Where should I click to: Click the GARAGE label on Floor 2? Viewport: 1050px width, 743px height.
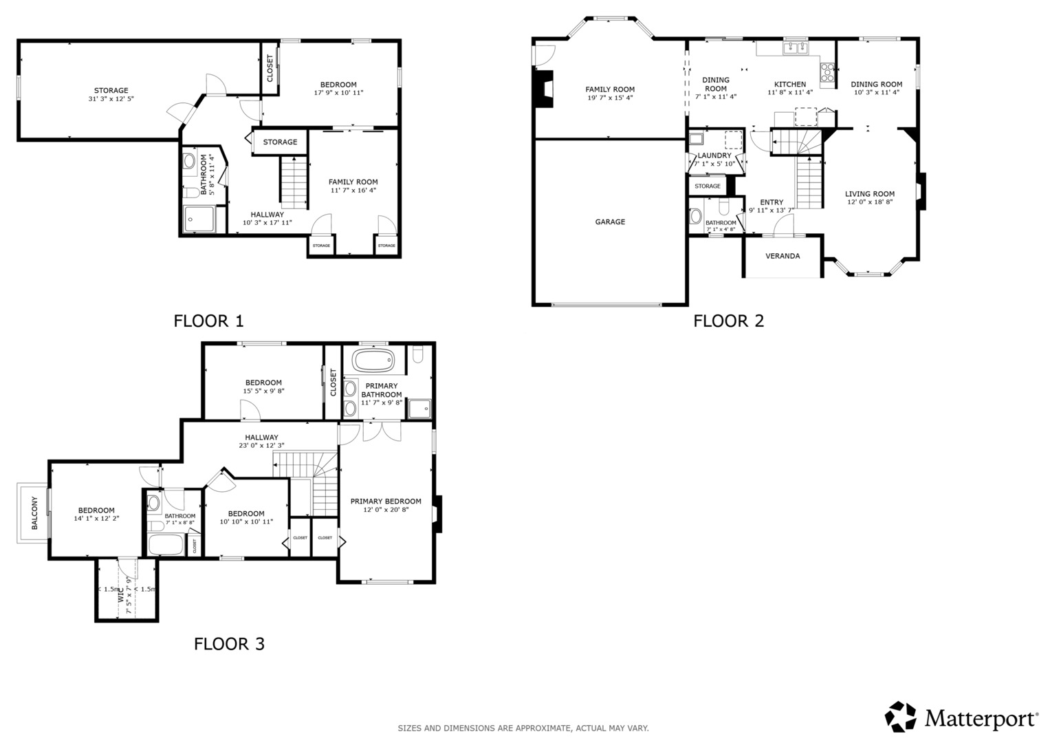coord(610,222)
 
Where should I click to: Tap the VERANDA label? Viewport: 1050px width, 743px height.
coord(783,256)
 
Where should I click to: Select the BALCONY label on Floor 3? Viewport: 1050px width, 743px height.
coord(34,513)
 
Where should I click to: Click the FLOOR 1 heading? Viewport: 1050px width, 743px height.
coord(208,321)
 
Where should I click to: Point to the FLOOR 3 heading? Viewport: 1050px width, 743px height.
coord(229,643)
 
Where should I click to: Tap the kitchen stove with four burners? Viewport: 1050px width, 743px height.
coord(827,73)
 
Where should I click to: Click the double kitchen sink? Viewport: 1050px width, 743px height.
coord(795,47)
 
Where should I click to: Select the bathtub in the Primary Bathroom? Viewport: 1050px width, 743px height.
coord(373,360)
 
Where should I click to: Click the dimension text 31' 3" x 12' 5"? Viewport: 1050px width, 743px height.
coord(111,99)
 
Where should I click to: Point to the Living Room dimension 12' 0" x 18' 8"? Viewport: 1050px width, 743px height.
coord(870,202)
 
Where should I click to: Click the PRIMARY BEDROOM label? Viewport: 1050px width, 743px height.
coord(386,501)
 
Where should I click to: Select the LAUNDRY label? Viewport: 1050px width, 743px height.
coord(714,155)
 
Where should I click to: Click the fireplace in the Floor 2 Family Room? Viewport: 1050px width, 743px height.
coord(544,89)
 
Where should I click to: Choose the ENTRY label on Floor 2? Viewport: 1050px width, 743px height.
coord(772,202)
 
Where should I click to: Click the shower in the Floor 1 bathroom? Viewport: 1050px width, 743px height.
coord(199,219)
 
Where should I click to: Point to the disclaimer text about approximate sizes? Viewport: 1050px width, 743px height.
coord(523,729)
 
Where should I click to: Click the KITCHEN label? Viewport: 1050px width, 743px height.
coord(790,85)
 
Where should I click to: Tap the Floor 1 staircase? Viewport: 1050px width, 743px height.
coord(294,183)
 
